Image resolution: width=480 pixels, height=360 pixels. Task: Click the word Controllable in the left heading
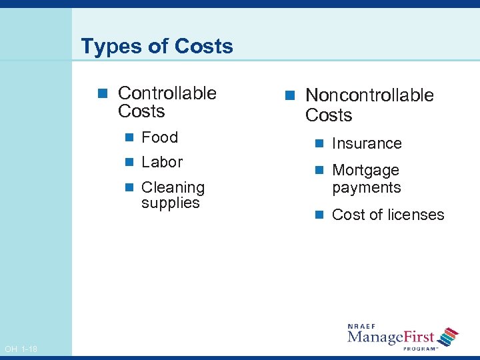(x=167, y=93)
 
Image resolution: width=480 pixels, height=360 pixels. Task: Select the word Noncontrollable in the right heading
(x=369, y=96)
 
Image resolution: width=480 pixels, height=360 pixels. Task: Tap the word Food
(x=160, y=137)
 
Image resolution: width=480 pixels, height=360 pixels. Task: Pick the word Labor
(x=162, y=162)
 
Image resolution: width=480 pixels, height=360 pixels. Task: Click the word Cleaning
(x=173, y=187)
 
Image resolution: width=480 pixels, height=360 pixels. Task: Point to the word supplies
(x=171, y=203)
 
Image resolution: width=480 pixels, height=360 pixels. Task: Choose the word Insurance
(x=367, y=144)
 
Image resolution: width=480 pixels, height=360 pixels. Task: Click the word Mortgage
(x=365, y=171)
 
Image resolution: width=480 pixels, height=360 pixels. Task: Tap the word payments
(x=367, y=188)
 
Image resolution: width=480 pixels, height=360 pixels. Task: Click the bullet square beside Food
(x=129, y=138)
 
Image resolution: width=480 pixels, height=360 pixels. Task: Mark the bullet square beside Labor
(x=129, y=163)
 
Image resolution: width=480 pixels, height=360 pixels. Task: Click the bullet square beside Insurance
(x=320, y=144)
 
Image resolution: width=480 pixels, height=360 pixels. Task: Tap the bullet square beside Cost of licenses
(x=320, y=215)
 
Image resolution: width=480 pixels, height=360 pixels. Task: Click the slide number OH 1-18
(x=21, y=349)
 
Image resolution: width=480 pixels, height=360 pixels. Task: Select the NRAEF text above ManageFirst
(x=361, y=326)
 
